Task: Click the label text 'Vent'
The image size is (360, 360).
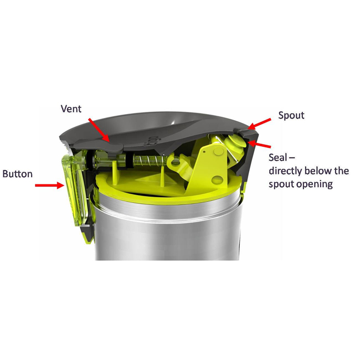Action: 71,109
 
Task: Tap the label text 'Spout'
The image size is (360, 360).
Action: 291,115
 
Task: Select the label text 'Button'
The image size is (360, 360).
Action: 18,174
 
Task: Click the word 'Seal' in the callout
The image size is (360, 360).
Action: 278,157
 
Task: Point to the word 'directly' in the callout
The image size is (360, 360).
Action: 287,171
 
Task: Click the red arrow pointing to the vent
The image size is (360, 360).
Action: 99,130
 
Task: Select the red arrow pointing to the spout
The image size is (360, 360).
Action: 259,124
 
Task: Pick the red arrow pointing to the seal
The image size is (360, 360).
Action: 260,145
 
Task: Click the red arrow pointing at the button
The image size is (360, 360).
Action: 50,185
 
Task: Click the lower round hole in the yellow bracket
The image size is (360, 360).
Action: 217,180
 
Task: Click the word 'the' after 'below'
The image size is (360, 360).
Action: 341,171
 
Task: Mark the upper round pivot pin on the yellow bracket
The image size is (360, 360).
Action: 218,151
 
